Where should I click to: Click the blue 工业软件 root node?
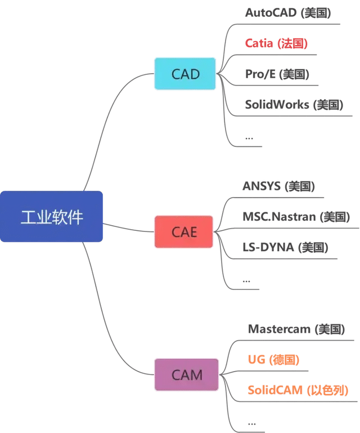(52, 217)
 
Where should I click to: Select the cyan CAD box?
(185, 74)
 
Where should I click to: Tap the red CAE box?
(184, 231)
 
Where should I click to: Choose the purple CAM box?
(187, 374)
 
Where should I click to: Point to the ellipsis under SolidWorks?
(249, 137)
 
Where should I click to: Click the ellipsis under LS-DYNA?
(247, 280)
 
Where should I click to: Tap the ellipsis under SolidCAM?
(251, 422)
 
